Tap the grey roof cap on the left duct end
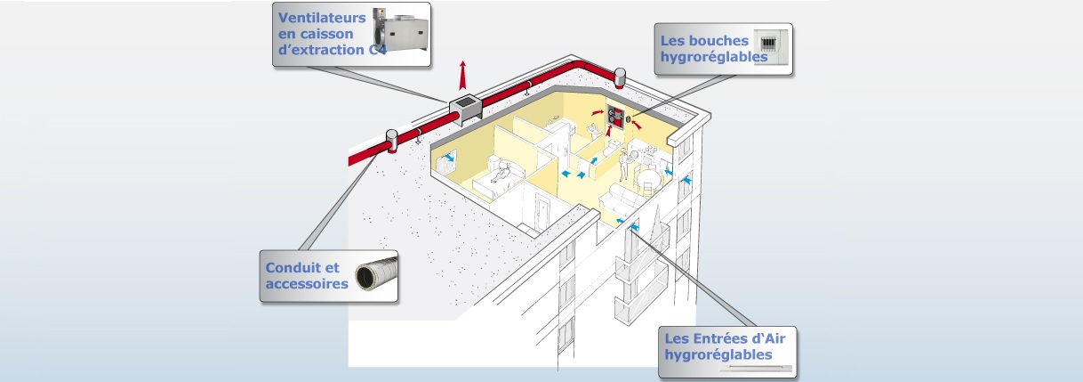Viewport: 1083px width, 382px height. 391,141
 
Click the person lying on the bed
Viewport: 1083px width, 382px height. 501,172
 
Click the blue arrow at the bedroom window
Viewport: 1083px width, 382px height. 451,158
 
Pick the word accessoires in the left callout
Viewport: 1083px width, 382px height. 307,283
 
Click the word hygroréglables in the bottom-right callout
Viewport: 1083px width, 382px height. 718,354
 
